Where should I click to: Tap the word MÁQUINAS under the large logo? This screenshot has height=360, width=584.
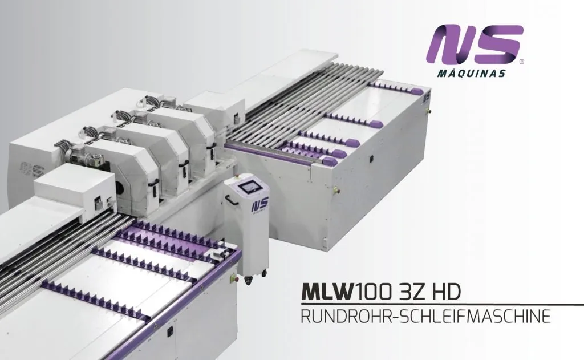[472, 73]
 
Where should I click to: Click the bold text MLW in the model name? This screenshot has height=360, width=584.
[327, 292]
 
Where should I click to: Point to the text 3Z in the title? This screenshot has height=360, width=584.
[410, 292]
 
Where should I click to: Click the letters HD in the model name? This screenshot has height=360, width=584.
[445, 292]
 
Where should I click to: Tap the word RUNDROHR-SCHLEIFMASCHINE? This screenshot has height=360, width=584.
[425, 316]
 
